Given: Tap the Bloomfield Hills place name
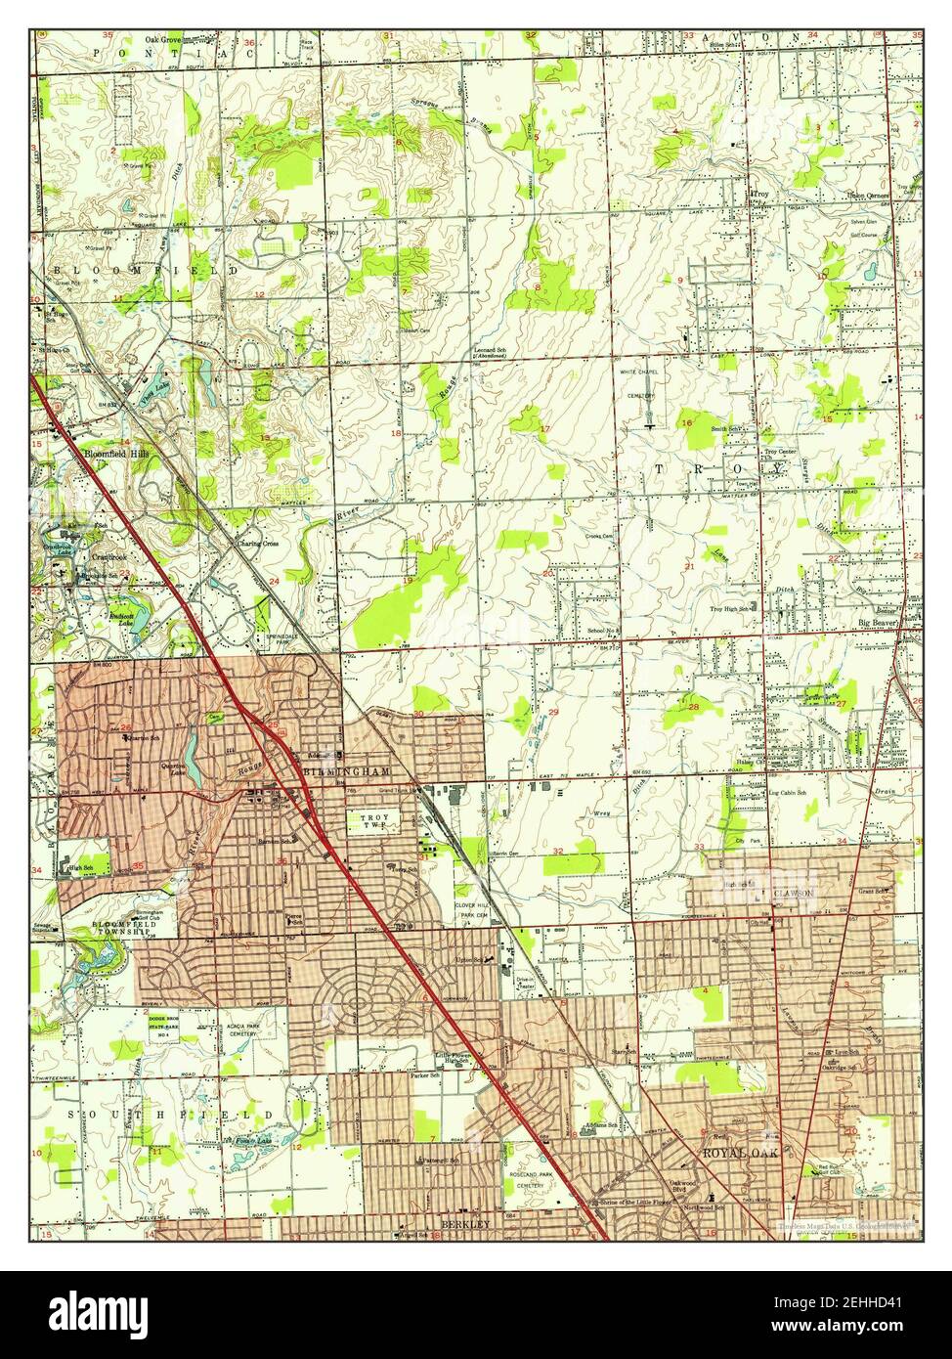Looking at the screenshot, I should (115, 456).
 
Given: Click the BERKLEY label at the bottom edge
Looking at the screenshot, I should (462, 1223).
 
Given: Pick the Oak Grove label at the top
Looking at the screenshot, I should (165, 40).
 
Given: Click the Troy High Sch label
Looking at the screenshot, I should (729, 608).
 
